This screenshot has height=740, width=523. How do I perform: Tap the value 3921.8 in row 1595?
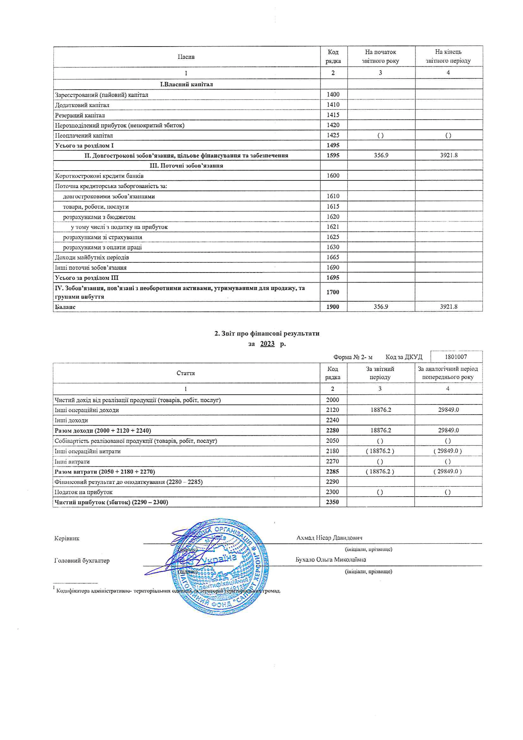coord(449,155)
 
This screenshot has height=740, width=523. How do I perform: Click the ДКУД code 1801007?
coord(456,357)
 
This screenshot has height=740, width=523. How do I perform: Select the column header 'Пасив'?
coord(186,57)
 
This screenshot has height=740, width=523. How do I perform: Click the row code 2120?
coord(332,410)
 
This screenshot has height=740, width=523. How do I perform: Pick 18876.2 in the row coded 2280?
coord(380,430)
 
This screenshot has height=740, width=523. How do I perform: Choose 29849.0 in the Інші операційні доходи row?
coord(448,410)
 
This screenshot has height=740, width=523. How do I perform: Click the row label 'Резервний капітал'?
coord(80,115)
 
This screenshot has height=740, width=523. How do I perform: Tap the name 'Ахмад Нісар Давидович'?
coord(329,538)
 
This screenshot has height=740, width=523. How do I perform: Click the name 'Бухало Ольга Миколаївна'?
coord(331,560)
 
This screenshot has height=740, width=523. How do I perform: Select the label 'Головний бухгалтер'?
coord(82,560)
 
